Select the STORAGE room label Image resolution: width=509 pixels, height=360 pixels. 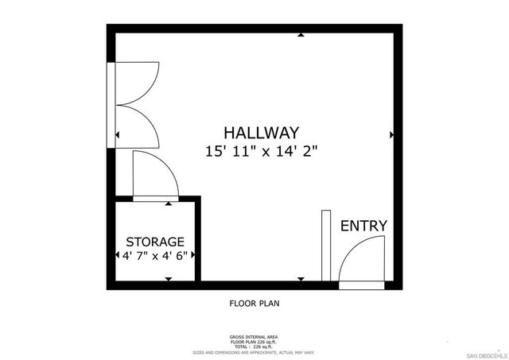pyautogui.click(x=155, y=242)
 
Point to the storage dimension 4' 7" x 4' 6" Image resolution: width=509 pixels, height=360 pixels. pyautogui.click(x=155, y=256)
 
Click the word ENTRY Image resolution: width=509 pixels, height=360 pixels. pyautogui.click(x=363, y=226)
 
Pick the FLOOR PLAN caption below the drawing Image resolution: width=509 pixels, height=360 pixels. pyautogui.click(x=254, y=303)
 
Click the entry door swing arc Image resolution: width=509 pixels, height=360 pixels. pyautogui.click(x=360, y=262)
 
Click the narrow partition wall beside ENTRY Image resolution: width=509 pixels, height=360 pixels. pyautogui.click(x=325, y=245)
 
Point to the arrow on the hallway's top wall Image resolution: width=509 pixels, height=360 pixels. pyautogui.click(x=301, y=35)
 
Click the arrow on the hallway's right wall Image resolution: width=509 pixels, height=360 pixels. pyautogui.click(x=390, y=135)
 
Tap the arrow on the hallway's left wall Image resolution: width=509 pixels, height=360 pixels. pyautogui.click(x=118, y=135)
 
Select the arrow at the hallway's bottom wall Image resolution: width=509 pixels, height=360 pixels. pyautogui.click(x=301, y=278)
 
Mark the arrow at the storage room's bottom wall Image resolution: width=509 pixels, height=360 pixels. pyautogui.click(x=168, y=278)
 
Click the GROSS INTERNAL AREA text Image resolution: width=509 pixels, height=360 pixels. pyautogui.click(x=254, y=337)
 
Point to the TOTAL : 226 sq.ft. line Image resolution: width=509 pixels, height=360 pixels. pyautogui.click(x=254, y=346)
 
